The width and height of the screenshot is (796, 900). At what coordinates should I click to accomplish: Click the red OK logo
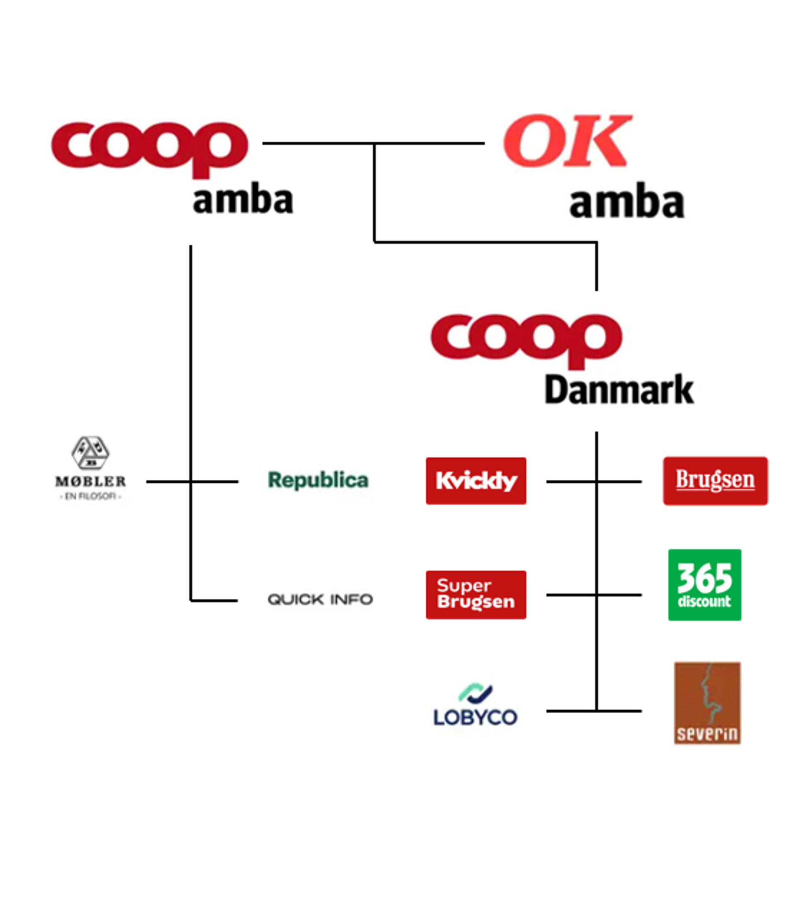568,141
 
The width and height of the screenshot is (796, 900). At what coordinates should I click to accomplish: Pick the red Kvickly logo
476,481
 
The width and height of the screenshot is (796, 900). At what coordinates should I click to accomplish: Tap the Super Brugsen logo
476,595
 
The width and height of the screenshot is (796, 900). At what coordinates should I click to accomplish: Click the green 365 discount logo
704,585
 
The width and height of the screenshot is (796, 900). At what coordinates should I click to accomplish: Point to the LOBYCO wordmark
475,717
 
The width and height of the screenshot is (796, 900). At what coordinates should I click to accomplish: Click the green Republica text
318,480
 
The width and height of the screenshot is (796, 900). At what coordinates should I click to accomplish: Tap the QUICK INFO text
320,599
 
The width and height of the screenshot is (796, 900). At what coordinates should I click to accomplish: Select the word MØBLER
90,481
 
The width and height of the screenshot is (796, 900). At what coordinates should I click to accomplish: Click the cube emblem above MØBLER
90,453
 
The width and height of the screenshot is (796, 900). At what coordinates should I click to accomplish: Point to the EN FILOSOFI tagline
90,496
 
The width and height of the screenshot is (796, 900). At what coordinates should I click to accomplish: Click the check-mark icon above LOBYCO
475,694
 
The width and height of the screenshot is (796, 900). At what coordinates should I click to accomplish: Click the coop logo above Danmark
527,341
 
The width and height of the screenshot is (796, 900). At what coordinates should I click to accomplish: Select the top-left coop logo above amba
150,150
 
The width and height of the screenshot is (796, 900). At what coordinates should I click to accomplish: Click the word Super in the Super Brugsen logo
464,585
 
